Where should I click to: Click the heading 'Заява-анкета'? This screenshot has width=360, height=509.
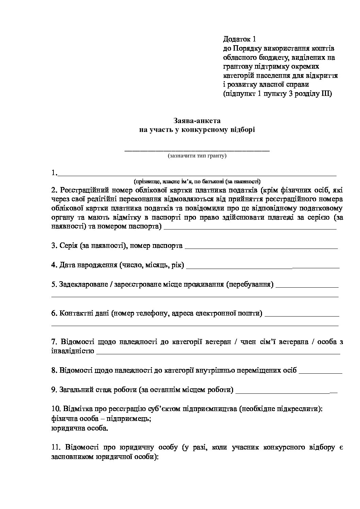tap(197, 121)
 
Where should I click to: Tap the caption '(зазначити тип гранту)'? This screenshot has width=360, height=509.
tap(197, 156)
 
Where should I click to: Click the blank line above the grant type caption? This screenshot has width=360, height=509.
tap(197, 150)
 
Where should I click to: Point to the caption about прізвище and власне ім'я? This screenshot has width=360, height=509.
tap(197, 181)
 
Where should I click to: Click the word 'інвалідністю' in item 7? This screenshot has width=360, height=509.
tap(72, 351)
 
